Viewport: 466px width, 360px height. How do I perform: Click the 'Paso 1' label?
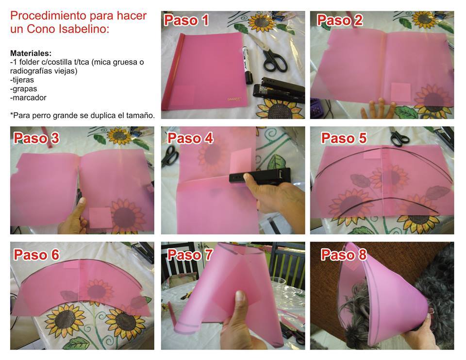point(186,20)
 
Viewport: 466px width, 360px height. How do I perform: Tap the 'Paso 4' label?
point(190,138)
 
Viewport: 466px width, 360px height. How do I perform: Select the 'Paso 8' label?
point(344,255)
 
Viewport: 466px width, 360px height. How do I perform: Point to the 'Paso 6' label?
point(36,255)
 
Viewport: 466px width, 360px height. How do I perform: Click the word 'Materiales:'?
point(31,53)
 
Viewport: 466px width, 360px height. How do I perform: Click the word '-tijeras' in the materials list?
point(22,80)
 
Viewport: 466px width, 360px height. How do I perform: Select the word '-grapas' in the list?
point(23,88)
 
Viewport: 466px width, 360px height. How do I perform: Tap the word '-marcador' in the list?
point(28,98)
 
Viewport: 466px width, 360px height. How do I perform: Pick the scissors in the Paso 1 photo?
point(269,53)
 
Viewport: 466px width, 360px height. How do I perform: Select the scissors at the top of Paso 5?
point(399,136)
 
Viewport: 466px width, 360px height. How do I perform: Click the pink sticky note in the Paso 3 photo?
point(100,218)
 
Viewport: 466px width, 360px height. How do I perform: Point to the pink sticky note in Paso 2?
point(400,92)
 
